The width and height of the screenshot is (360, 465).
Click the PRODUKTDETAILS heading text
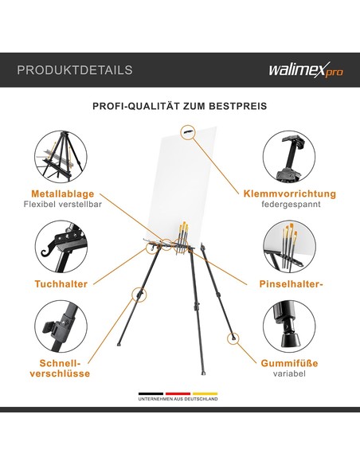pyautogui.click(x=75, y=70)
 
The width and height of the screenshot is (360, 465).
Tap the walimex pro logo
pyautogui.click(x=306, y=70)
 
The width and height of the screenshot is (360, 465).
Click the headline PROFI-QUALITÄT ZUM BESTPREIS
pyautogui.click(x=180, y=106)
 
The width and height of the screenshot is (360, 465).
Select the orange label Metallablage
pyautogui.click(x=63, y=193)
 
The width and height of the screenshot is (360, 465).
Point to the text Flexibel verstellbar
pyautogui.click(x=63, y=205)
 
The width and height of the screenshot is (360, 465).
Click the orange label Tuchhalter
pyautogui.click(x=61, y=283)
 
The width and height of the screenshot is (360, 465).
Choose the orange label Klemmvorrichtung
pyautogui.click(x=290, y=193)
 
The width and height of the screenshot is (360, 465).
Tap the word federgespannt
pyautogui.click(x=291, y=205)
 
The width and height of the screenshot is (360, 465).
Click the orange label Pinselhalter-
pyautogui.click(x=291, y=283)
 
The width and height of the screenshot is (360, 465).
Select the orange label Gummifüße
pyautogui.click(x=289, y=363)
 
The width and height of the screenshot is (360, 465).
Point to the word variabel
pyautogui.click(x=289, y=373)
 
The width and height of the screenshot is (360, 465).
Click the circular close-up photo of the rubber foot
pyautogui.click(x=289, y=326)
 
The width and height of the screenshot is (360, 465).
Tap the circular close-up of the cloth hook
pyautogui.click(x=61, y=247)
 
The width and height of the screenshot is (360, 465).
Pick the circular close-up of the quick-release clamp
pyautogui.click(x=61, y=326)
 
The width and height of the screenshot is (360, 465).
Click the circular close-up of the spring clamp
pyautogui.click(x=289, y=157)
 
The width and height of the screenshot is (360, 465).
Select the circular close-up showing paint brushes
pyautogui.click(x=289, y=247)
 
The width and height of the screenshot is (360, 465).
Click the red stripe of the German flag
pyautogui.click(x=178, y=394)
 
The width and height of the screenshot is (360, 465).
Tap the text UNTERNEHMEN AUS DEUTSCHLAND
pyautogui.click(x=178, y=399)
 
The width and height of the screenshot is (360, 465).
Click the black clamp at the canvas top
pyautogui.click(x=188, y=131)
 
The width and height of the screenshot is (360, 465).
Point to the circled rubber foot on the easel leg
pyautogui.click(x=233, y=338)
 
